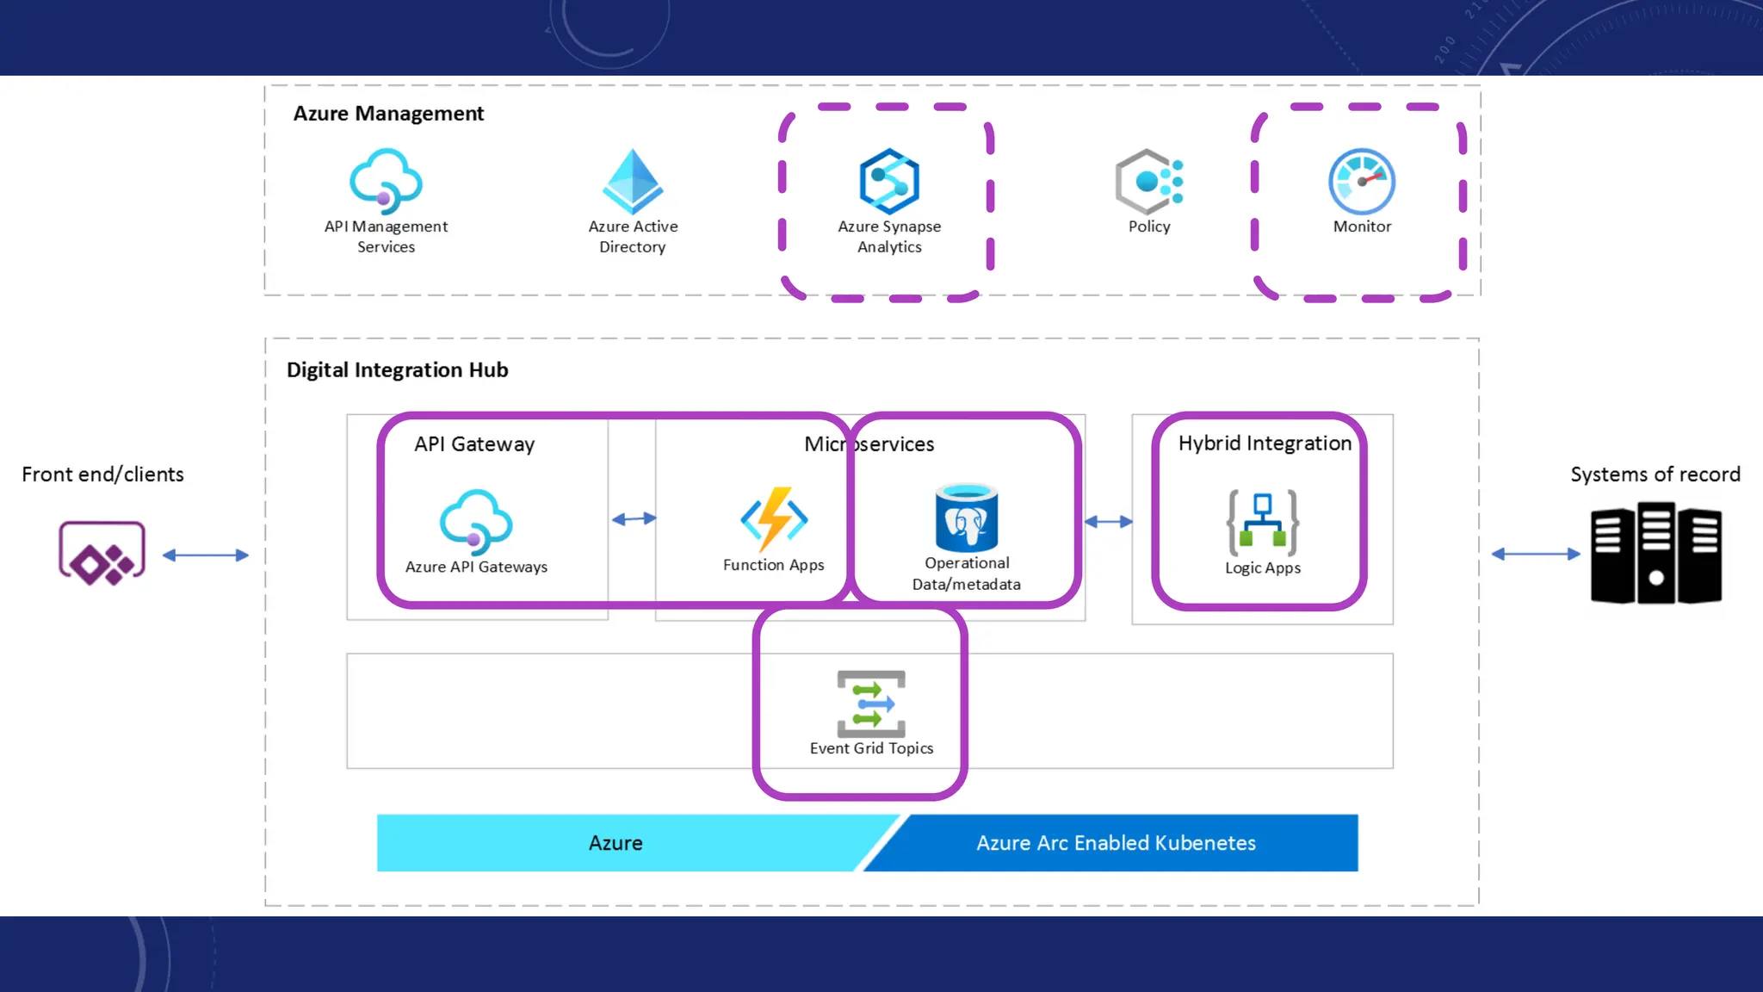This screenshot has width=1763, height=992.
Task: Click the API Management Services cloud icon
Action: (x=386, y=181)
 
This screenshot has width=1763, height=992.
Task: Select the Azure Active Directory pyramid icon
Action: (x=633, y=181)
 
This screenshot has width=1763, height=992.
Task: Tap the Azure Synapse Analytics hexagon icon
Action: (x=889, y=181)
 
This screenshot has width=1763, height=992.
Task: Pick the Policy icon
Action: (x=1149, y=181)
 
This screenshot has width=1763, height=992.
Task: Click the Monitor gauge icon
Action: (x=1362, y=181)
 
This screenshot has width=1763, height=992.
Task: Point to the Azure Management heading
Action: (x=388, y=114)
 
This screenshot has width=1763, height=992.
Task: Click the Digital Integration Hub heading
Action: (x=397, y=370)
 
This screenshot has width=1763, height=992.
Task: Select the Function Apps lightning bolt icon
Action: (x=774, y=519)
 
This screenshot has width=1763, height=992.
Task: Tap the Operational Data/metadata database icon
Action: (x=967, y=518)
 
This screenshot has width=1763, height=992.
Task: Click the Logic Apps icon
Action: (x=1263, y=523)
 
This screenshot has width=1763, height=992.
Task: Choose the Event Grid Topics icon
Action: (x=871, y=704)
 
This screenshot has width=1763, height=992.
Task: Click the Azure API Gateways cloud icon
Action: (x=476, y=521)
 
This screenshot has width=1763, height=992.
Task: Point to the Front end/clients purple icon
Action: (x=102, y=554)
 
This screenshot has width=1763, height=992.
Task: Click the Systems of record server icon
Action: (x=1655, y=555)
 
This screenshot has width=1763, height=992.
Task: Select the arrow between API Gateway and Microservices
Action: (x=634, y=518)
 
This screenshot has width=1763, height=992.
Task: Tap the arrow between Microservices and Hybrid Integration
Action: (x=1109, y=521)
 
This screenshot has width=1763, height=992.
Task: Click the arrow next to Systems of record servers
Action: (x=1536, y=554)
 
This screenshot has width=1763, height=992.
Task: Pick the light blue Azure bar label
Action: (x=616, y=843)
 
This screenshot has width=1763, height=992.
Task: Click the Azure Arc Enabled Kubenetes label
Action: (x=1116, y=843)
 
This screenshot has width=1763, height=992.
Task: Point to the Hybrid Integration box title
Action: (x=1265, y=443)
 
